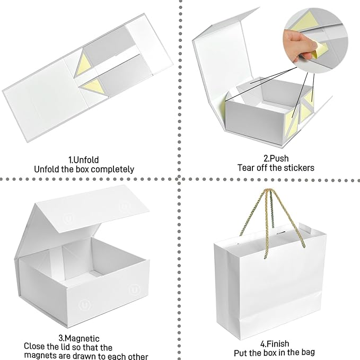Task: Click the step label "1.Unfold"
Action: (x=84, y=159)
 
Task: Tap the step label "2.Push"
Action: (x=276, y=158)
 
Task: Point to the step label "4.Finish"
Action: (x=274, y=344)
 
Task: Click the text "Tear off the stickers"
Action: (x=276, y=168)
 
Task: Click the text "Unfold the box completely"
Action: (x=84, y=169)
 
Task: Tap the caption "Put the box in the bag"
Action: (x=274, y=353)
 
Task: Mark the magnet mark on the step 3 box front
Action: (x=134, y=291)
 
